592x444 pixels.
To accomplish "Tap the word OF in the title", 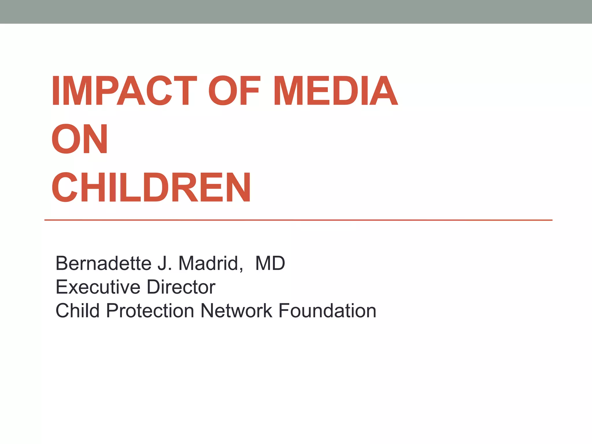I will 234,91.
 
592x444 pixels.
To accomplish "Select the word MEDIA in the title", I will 336,91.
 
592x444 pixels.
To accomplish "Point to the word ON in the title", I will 79,139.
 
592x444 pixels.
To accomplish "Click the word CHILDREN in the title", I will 151,187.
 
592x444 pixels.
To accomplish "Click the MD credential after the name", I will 270,263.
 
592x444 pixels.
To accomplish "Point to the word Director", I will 181,287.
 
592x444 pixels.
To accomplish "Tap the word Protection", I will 150,311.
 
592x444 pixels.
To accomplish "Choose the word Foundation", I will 327,311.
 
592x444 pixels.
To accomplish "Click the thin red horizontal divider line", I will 298,220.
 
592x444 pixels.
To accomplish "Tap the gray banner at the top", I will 296,12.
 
